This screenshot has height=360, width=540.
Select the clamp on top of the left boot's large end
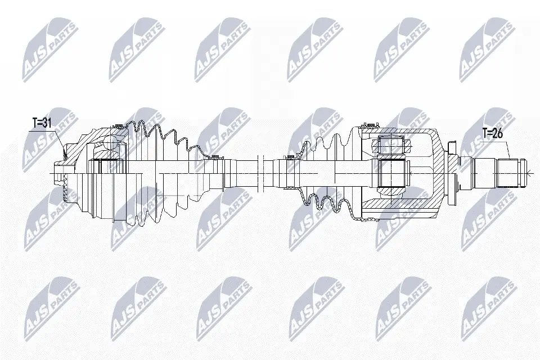coord(118,126)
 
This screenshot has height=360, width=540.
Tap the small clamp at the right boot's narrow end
coord(289,157)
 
